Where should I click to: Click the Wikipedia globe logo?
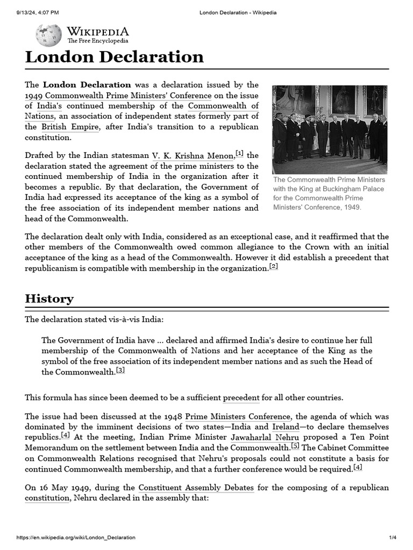pos(48,35)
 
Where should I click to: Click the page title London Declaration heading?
pos(114,57)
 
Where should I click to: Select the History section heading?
pos(49,299)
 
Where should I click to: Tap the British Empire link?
pos(70,127)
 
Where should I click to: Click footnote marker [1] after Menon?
pos(239,154)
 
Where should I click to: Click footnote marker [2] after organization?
pos(273,266)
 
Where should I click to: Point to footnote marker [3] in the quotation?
pos(120,370)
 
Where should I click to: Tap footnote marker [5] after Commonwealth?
pos(295,445)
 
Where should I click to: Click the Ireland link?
pos(286,426)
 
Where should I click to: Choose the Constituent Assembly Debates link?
pos(196,488)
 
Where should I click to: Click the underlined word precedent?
pos(241,398)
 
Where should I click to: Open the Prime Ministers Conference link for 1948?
pos(238,416)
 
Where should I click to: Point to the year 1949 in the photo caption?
pos(351,207)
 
